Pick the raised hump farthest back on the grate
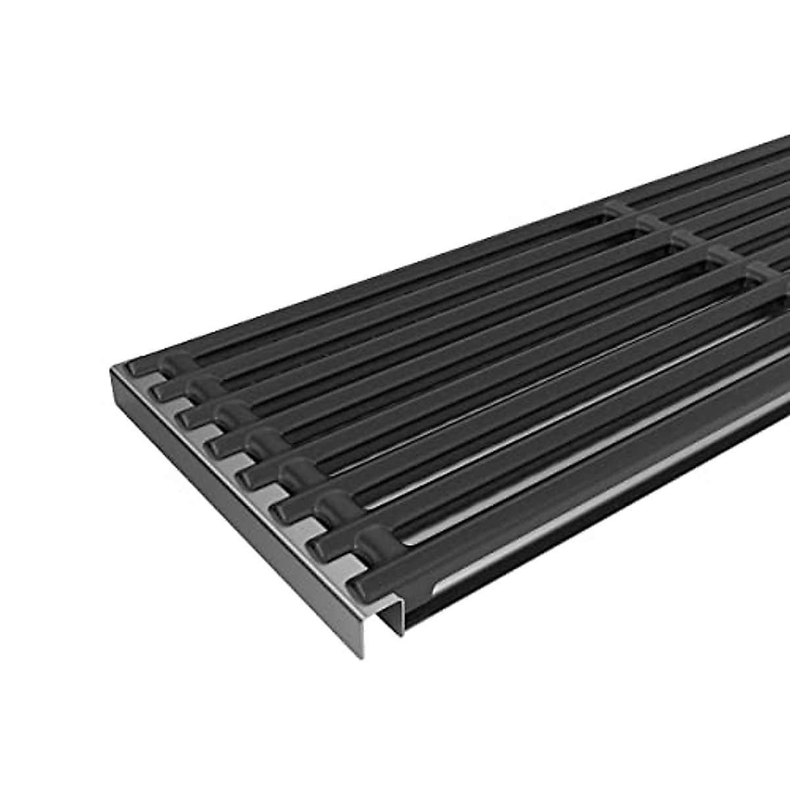tap(172, 364)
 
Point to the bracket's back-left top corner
tap(112, 364)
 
